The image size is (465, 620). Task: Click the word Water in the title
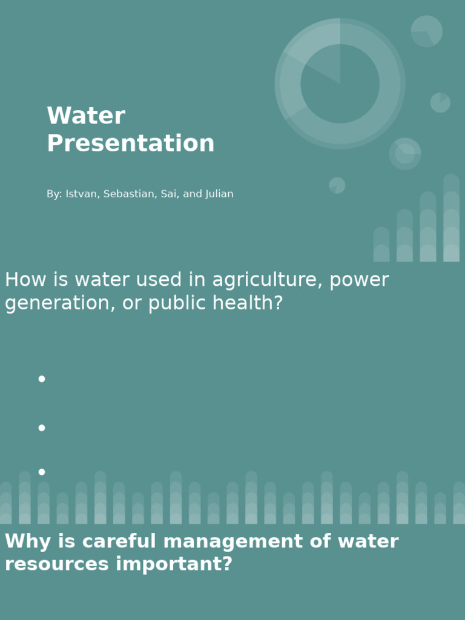coord(86,116)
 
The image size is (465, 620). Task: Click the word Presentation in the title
coord(130,144)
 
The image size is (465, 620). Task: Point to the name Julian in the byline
coord(219,194)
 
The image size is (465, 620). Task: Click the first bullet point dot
coord(42,379)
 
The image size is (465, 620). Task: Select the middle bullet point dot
coord(42,427)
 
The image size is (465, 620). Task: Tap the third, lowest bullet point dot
coord(42,472)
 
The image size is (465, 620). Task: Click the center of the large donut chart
coord(340,84)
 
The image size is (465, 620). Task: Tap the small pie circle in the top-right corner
coord(426,31)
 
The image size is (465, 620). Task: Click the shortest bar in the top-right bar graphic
coord(381,245)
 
